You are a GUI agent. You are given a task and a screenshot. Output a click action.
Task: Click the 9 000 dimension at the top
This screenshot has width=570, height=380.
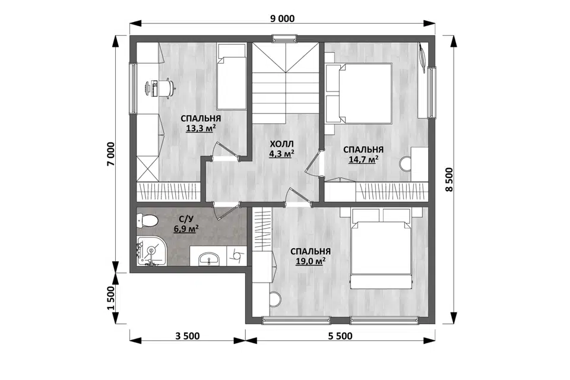click(282, 18)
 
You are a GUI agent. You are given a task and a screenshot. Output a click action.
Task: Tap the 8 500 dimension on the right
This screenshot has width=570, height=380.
click(449, 179)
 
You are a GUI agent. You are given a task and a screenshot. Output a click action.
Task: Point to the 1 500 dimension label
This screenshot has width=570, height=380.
click(111, 298)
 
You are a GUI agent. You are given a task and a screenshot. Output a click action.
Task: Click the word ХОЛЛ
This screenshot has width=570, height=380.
click(281, 144)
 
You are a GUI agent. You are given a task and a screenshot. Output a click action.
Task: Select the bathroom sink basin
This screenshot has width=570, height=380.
click(208, 258)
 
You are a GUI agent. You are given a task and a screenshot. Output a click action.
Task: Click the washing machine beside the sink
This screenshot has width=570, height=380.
click(237, 256)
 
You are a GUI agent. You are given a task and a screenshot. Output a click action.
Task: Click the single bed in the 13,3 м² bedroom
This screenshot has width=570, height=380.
click(232, 77)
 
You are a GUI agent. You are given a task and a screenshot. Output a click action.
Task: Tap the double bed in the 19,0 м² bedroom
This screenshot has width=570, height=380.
click(381, 248)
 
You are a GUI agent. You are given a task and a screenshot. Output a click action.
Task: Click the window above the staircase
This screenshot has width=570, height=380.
click(284, 38)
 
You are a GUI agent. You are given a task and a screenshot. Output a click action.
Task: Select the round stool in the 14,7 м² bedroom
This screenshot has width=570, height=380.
click(406, 164)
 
